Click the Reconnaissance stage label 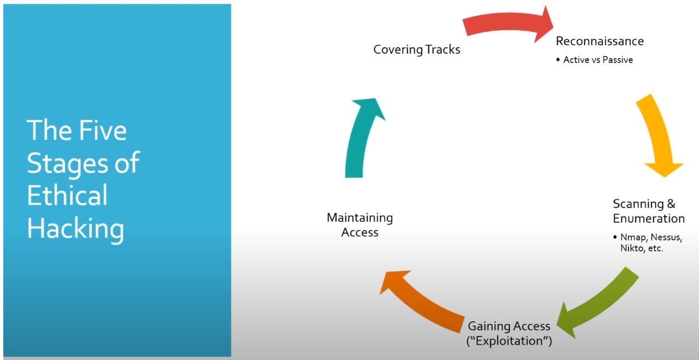tap(600, 41)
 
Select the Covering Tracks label tap(416, 50)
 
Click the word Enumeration tap(649, 219)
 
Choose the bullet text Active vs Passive tap(598, 60)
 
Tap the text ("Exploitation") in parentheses tap(509, 341)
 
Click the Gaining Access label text tap(509, 327)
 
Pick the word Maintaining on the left tap(360, 218)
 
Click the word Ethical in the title tap(67, 196)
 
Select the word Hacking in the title tap(75, 228)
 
